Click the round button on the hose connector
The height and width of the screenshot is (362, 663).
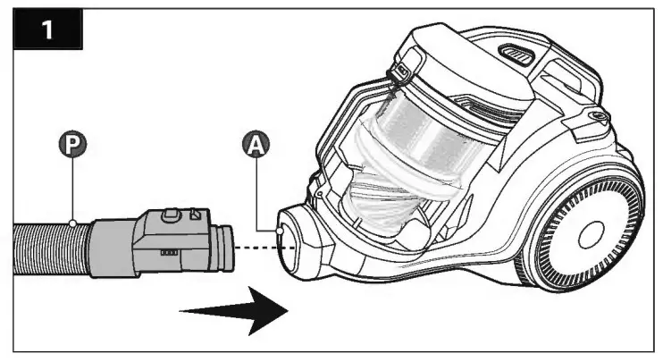coord(166,214)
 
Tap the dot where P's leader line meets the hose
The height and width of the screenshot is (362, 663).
coord(71,221)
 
